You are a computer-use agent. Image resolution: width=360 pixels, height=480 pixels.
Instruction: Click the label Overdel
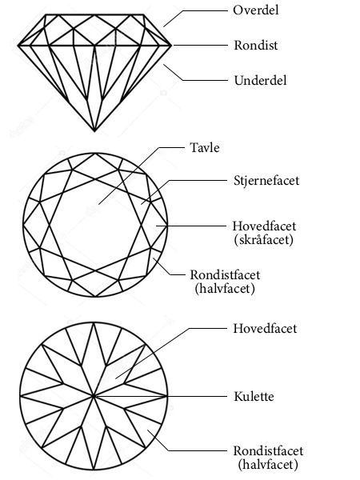256,10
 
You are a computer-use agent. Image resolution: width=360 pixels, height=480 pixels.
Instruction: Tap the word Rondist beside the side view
256,46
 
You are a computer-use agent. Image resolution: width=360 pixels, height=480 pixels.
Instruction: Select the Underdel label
260,81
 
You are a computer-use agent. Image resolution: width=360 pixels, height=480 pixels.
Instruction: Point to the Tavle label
205,147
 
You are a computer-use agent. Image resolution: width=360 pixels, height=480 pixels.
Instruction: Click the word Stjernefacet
266,180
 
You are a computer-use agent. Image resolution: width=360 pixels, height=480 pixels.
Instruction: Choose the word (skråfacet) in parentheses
263,239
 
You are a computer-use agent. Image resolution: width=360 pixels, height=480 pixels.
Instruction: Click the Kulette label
254,397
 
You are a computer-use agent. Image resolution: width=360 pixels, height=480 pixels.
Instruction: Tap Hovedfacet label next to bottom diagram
265,329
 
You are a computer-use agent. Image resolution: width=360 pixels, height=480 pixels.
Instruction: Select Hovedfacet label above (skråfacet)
264,226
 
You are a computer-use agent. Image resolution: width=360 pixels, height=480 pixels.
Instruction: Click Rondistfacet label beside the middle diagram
225,275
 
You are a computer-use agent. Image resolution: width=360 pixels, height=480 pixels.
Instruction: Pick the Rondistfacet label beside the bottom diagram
268,451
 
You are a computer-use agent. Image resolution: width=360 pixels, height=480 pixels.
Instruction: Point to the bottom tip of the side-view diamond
94,131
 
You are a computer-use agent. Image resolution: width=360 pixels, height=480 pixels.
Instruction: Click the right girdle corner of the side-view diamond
171,46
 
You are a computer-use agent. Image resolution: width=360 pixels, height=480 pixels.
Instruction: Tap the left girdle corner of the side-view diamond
18,46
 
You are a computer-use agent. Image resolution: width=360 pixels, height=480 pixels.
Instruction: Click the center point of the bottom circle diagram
94,396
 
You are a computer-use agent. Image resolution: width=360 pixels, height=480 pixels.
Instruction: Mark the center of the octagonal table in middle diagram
95,225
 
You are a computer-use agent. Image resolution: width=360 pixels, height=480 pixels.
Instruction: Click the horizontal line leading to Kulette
161,397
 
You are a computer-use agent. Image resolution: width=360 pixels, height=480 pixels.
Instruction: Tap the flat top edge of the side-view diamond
94,14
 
